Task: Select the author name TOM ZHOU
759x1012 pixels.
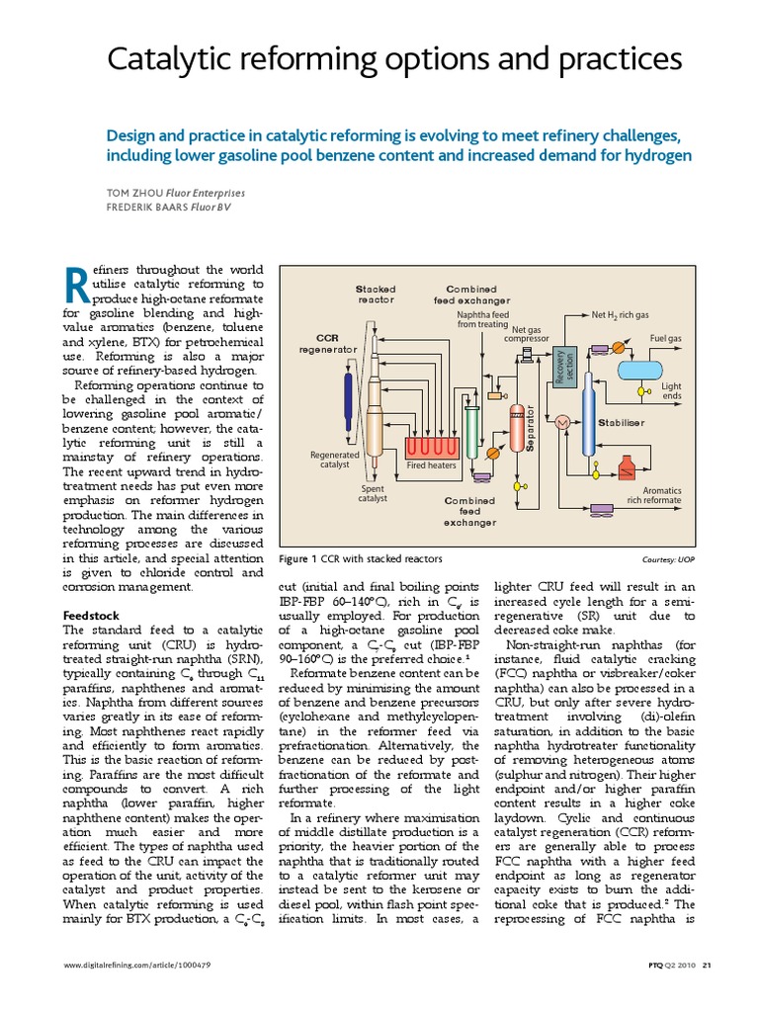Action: click(143, 193)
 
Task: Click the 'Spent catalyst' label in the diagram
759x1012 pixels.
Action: click(372, 494)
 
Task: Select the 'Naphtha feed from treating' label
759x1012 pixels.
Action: click(482, 319)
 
